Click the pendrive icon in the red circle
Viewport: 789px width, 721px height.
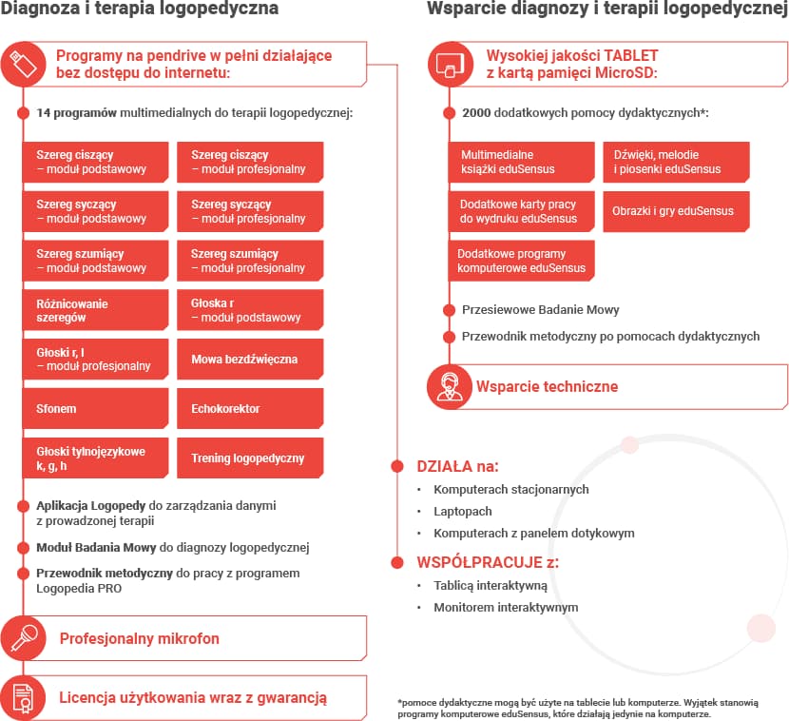(23, 65)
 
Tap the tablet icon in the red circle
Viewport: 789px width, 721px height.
(450, 65)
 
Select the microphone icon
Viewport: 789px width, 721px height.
(23, 638)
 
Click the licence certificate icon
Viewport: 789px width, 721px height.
(23, 697)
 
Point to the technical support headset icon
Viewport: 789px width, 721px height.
(450, 387)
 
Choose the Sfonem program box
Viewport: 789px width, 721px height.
(95, 409)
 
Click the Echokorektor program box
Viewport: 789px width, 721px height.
(250, 409)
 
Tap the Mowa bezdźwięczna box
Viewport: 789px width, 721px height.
(250, 360)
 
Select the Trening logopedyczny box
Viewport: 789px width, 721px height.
(250, 458)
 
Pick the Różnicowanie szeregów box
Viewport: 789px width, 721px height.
(95, 310)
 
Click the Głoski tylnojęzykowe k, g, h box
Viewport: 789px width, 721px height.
(95, 458)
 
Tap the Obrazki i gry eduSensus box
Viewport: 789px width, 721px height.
(676, 211)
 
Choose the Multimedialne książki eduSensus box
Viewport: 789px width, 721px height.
(522, 162)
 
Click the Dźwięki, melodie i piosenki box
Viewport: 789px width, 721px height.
(676, 162)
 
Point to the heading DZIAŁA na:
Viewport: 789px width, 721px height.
(457, 467)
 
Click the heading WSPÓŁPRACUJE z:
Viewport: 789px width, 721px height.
(488, 562)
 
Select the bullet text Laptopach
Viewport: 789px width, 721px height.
(463, 512)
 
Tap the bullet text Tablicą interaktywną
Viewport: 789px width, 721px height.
(491, 586)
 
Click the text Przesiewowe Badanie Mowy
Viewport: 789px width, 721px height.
(540, 310)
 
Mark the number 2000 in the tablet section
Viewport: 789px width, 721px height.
(477, 113)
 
